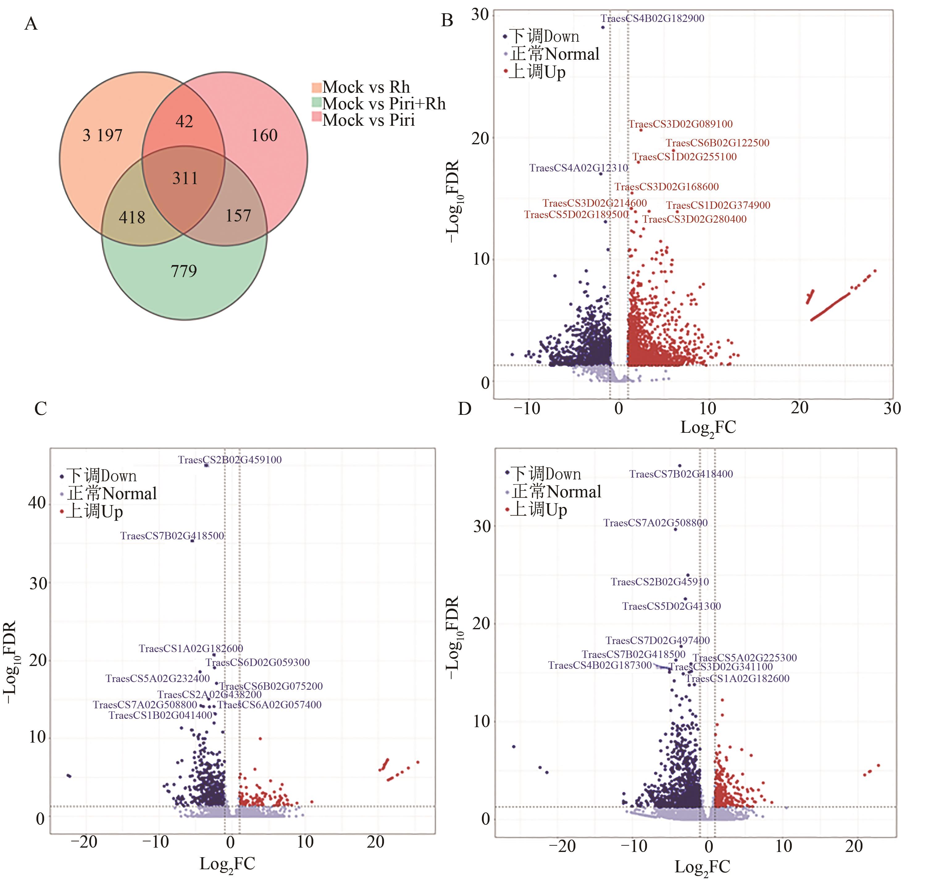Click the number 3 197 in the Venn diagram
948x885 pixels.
[x=102, y=136]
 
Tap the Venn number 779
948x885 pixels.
[x=184, y=271]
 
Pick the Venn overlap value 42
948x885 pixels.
[x=184, y=122]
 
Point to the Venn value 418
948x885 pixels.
[x=132, y=217]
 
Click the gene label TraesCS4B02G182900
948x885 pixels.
[x=652, y=19]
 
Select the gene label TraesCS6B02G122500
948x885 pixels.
[x=717, y=143]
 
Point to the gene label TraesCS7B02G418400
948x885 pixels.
[x=681, y=474]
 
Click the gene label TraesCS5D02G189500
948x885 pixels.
[x=576, y=215]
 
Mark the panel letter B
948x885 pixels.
[x=447, y=20]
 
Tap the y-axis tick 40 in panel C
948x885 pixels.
[x=37, y=503]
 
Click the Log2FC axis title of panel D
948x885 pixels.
[x=702, y=867]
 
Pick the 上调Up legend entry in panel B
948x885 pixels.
[x=537, y=72]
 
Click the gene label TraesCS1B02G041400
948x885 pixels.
[x=160, y=715]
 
